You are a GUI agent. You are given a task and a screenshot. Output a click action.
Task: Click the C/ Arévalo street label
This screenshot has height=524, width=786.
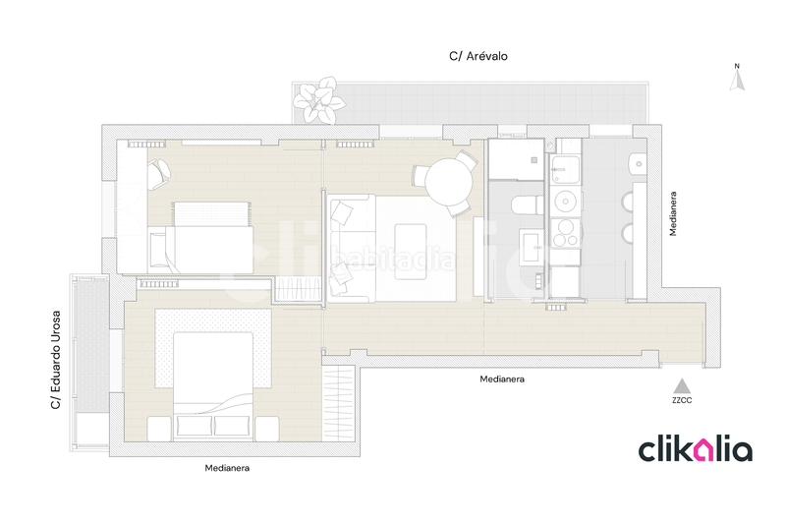coord(477,57)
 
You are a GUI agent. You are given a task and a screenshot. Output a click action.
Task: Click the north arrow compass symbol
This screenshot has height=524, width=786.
coord(735,78)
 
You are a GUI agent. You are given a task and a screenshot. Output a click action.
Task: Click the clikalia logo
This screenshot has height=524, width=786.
coord(696,449)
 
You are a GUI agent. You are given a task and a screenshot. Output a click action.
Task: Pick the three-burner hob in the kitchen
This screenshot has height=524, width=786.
coord(566,236)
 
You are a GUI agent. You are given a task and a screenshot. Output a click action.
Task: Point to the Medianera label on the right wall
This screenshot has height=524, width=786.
coord(673,214)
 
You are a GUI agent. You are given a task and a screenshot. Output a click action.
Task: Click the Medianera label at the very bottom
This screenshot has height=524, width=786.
coord(227,468)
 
